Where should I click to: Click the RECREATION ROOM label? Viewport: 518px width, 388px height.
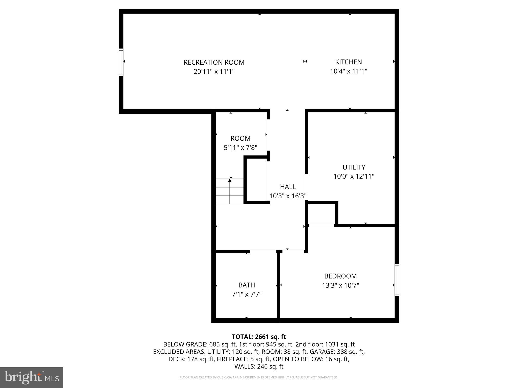(214, 62)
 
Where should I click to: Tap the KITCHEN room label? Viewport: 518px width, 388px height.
(348, 62)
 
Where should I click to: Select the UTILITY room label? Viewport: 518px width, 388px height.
(354, 167)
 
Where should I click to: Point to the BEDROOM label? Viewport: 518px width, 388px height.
(340, 276)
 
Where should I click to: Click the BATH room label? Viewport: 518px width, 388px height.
(247, 285)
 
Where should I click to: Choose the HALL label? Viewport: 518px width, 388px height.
(288, 187)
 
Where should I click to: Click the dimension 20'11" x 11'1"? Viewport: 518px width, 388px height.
(214, 71)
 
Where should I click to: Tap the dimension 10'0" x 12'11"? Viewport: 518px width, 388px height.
(354, 176)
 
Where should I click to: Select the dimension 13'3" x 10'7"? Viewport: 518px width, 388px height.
(340, 285)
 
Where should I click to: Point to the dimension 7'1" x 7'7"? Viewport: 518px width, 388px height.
(247, 294)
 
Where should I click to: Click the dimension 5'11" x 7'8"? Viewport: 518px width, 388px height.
(240, 148)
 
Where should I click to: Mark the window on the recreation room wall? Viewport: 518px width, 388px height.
(121, 62)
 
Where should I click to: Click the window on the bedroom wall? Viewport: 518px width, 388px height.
(397, 280)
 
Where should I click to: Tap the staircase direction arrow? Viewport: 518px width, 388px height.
(230, 181)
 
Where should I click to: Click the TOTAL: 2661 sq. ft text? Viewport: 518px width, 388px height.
(259, 337)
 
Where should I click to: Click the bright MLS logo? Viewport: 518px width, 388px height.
(32, 377)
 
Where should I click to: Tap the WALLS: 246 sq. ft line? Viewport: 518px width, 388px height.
(259, 367)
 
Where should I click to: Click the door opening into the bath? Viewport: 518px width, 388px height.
(263, 251)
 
